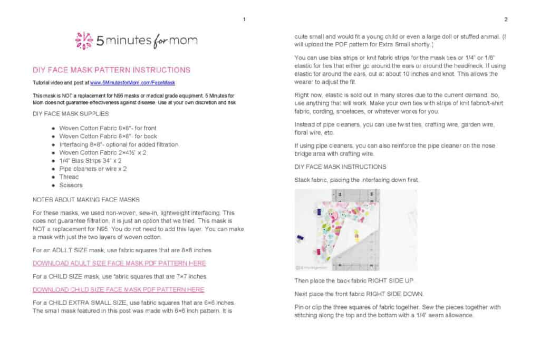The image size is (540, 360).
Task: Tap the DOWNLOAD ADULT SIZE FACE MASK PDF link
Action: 119,263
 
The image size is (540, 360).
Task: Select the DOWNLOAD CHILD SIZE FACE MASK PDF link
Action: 118,289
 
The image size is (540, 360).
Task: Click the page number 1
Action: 244,20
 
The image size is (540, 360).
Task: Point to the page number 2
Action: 505,20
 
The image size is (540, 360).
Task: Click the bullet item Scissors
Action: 71,185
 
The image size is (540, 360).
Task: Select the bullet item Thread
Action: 70,177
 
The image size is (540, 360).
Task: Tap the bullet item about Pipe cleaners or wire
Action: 93,169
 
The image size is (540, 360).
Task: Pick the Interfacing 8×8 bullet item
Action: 119,144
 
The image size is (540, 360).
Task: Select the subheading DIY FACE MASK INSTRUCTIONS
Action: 340,167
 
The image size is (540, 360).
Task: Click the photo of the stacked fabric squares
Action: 355,230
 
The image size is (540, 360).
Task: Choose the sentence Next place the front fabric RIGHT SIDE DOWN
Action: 359,294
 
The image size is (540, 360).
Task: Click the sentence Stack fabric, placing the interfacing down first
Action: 357,180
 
